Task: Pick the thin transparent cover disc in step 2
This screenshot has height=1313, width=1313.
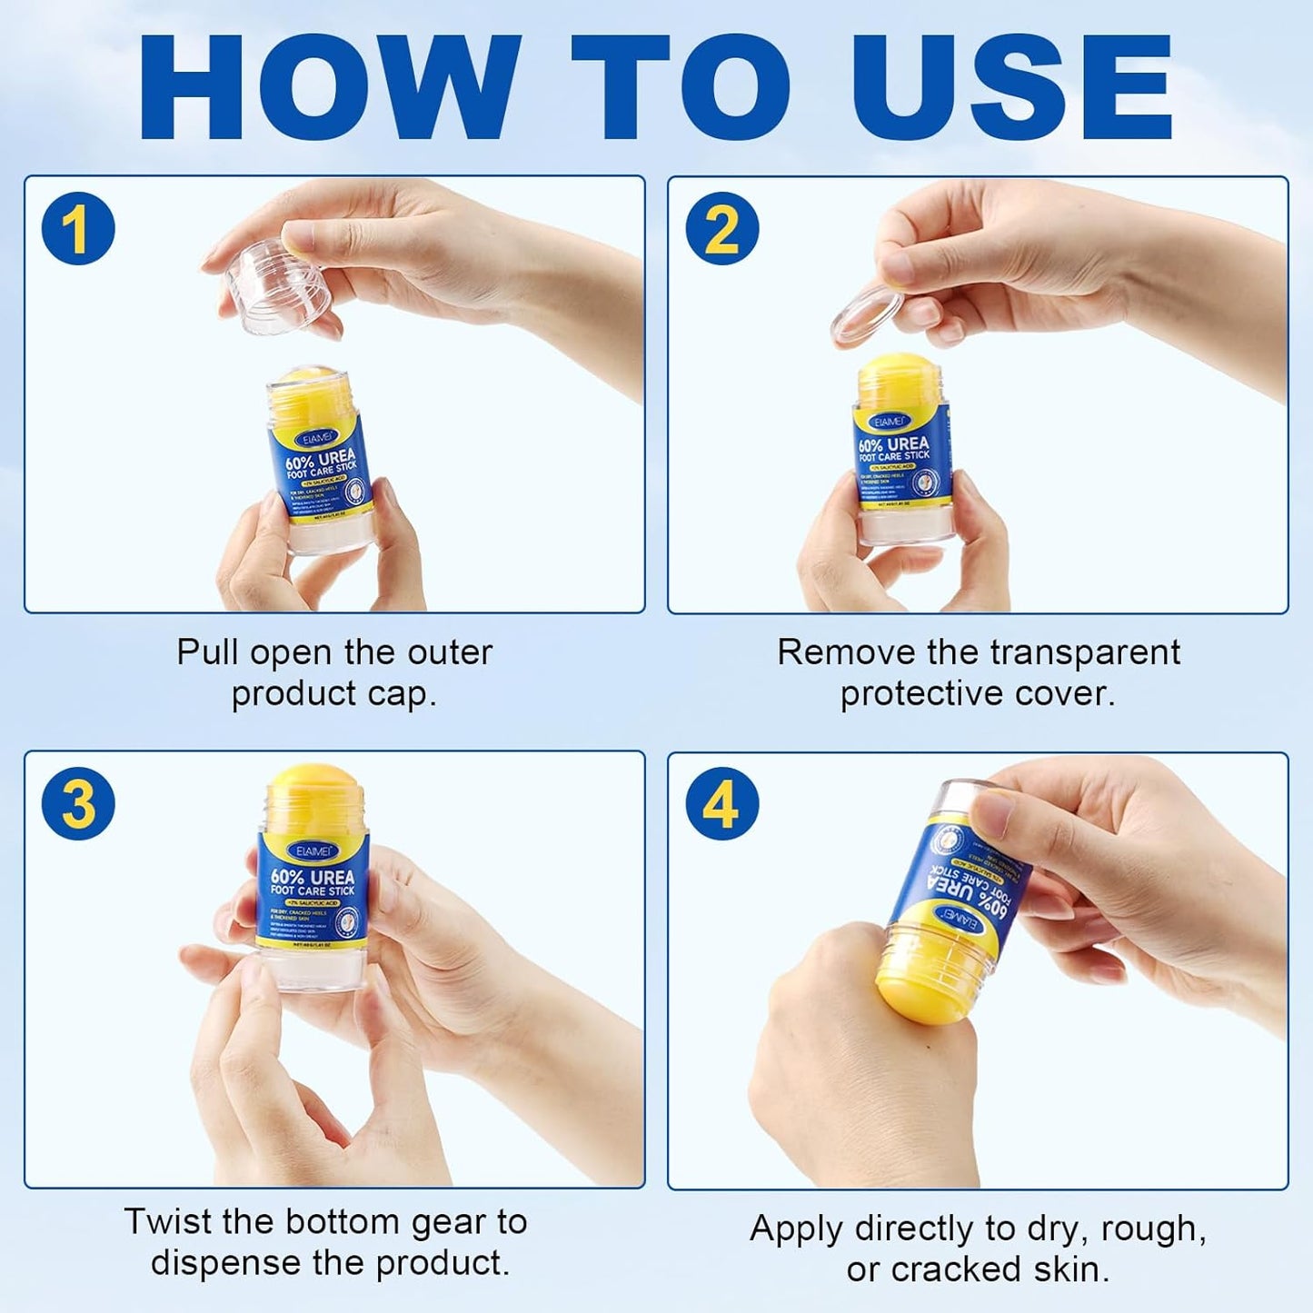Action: pyautogui.click(x=866, y=313)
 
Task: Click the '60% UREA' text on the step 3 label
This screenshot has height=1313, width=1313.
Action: pyautogui.click(x=313, y=876)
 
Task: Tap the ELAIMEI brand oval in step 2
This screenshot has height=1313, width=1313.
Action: pyautogui.click(x=889, y=422)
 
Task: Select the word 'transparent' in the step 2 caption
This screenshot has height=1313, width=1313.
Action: pyautogui.click(x=1085, y=652)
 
